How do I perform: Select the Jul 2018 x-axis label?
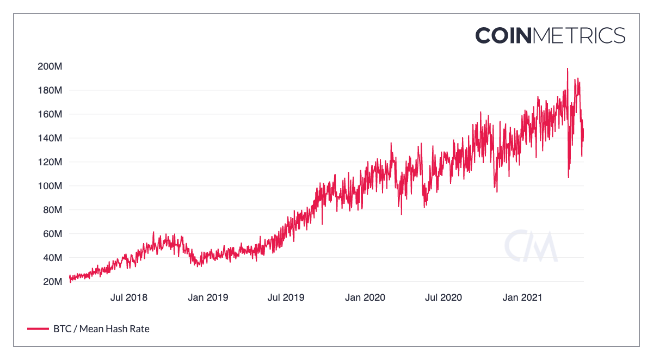coord(129,297)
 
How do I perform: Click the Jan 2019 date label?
coord(208,297)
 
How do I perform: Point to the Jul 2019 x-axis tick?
coord(286,297)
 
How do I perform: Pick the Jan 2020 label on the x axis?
coord(365,297)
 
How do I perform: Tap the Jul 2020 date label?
coord(443,297)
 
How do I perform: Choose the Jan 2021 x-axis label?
coord(522,297)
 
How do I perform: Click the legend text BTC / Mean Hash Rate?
coord(101,328)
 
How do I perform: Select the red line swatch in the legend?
coord(38,328)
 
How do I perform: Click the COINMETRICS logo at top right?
coord(550,35)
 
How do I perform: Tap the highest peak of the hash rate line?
coord(568,69)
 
